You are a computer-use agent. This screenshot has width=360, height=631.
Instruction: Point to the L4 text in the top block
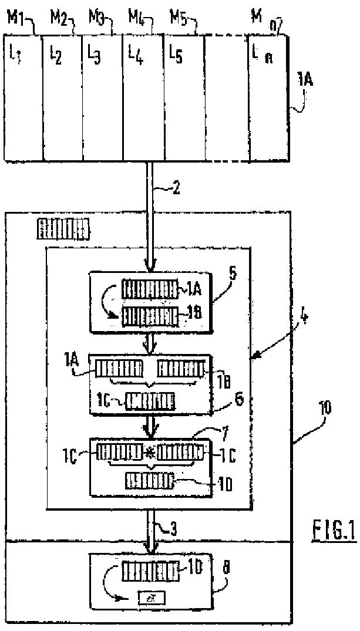136,55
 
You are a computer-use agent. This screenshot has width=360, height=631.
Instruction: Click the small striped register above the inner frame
64,229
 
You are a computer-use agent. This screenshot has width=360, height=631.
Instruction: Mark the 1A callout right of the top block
305,80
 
